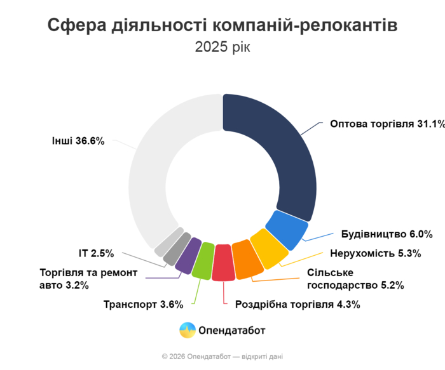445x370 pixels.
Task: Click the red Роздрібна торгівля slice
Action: (224, 262)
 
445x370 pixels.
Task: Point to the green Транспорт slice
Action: (203, 260)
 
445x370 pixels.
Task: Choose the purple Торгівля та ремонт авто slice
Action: (187, 253)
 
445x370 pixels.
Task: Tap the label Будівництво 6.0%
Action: (387, 234)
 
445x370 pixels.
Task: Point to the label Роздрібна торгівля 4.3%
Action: (298, 305)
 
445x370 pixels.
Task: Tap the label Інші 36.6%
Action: (78, 141)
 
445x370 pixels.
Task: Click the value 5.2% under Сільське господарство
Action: (390, 285)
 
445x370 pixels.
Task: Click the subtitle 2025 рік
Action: (222, 48)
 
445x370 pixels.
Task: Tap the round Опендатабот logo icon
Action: (187, 330)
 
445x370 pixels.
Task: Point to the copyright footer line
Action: (222, 357)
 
